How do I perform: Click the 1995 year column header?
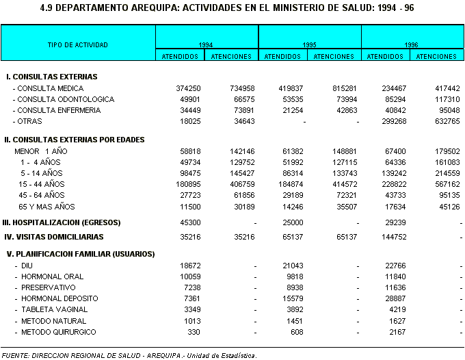[309, 44]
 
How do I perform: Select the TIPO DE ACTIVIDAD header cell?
[78, 44]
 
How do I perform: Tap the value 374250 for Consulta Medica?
[186, 88]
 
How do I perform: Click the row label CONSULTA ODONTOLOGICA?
[66, 99]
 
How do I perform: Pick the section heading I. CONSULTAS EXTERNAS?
[52, 77]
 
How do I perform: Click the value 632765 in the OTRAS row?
[446, 122]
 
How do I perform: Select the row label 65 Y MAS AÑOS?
[47, 206]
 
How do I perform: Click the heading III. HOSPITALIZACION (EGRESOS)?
[62, 222]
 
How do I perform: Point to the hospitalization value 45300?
[188, 222]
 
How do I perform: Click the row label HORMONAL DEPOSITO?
[59, 298]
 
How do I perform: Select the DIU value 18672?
[188, 265]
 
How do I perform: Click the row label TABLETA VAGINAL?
[54, 309]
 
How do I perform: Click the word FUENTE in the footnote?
[15, 355]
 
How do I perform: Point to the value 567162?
[446, 184]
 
